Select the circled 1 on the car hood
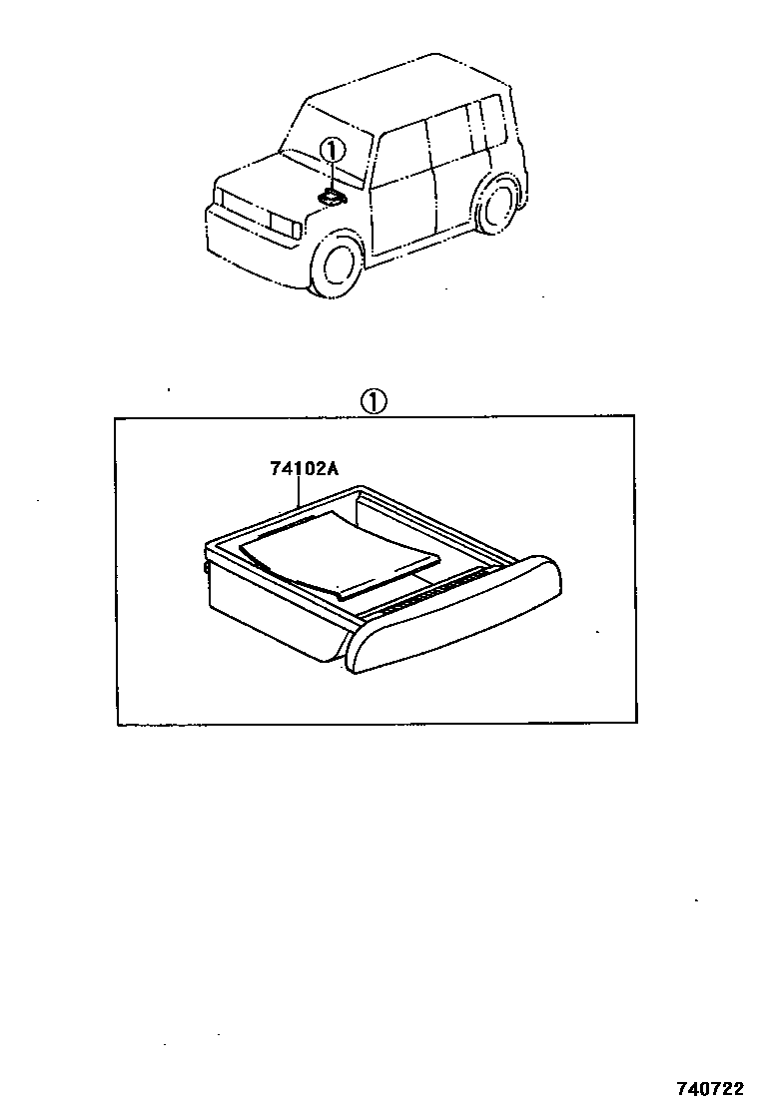[332, 151]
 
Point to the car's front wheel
[336, 264]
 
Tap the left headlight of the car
[284, 225]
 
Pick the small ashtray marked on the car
[331, 198]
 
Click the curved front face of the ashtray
[454, 619]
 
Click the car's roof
[399, 90]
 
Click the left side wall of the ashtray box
[270, 609]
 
